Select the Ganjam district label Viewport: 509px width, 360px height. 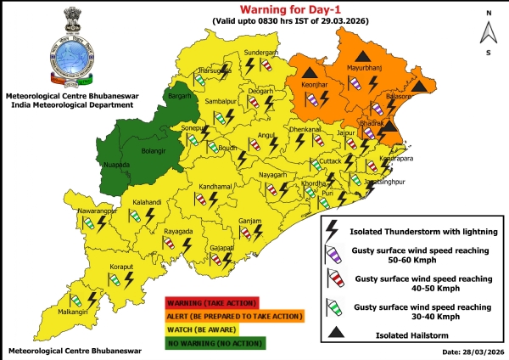[x=250, y=220]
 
